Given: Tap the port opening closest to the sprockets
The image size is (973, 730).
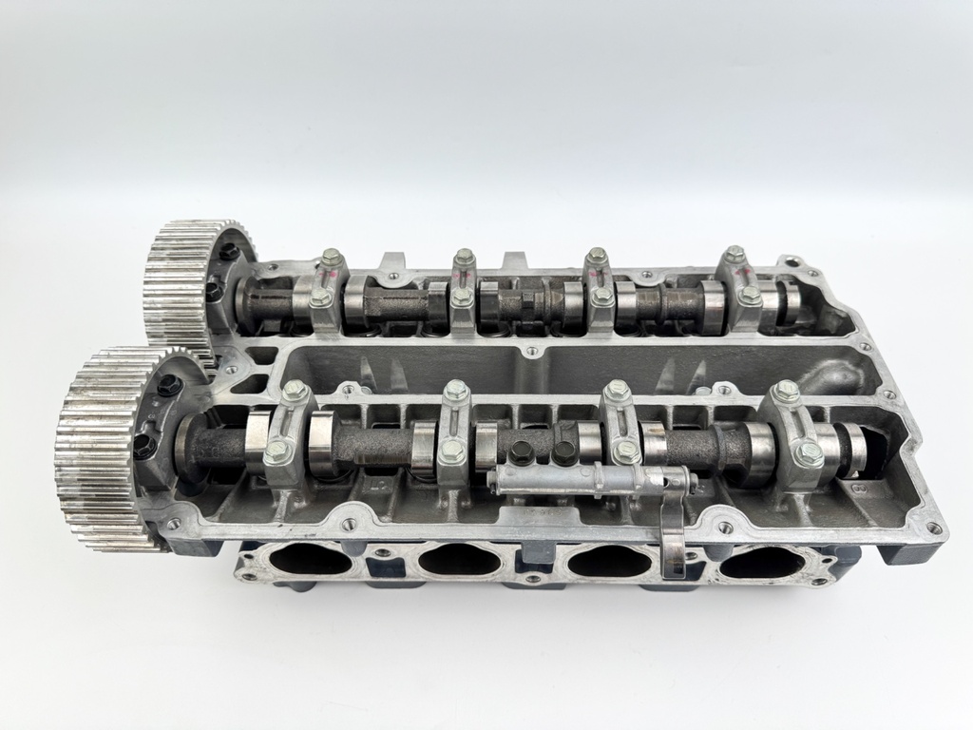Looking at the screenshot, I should coord(310,560).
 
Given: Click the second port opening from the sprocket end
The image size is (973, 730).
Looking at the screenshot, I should coord(459,561).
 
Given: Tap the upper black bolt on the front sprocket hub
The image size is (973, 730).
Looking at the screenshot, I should coord(169,385).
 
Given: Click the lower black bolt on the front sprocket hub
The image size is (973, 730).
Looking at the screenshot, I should coord(144,447).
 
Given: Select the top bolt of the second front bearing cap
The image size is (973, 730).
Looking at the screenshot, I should coord(455,390).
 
